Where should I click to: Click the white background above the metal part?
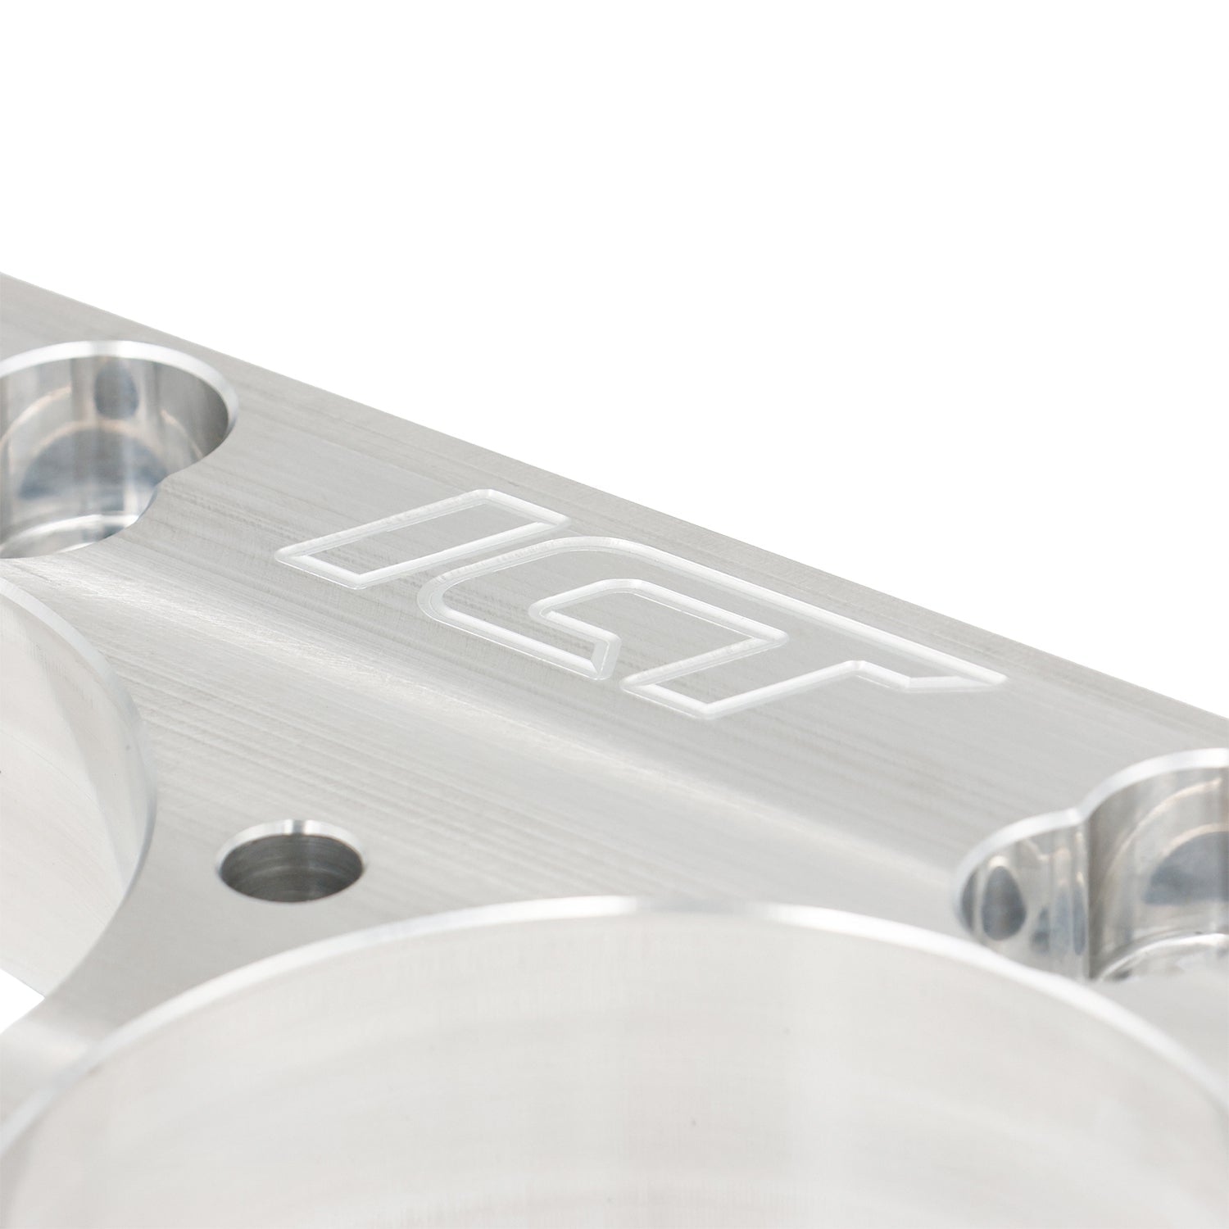tap(655, 164)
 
